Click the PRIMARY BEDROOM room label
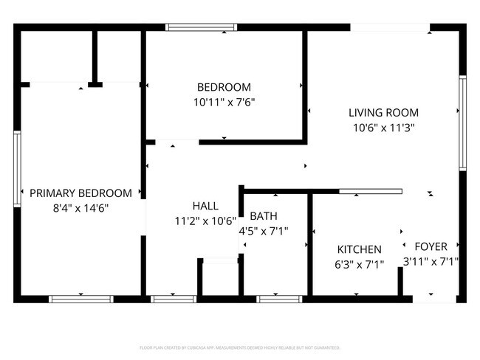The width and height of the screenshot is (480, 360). coord(80,193)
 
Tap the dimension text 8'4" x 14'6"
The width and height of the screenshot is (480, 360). coord(80,208)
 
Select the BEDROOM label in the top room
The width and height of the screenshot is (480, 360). coord(223,87)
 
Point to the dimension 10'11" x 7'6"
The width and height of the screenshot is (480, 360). coord(223,103)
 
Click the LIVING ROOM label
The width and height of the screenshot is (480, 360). coord(383,113)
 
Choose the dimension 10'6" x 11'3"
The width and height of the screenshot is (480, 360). coord(383,128)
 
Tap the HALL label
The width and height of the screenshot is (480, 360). coord(205,206)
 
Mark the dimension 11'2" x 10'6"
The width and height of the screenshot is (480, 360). coord(205,221)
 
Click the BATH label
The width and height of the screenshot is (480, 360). coord(264,216)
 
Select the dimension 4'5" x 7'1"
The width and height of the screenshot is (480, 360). coord(264,231)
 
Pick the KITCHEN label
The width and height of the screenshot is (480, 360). coord(360,249)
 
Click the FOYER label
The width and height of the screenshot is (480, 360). coord(431,246)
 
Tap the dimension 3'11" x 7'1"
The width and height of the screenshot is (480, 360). coord(431,261)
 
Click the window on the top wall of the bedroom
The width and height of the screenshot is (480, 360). coord(200,27)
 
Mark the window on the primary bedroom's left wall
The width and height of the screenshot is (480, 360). coord(16,168)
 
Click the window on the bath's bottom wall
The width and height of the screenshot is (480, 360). coord(280,299)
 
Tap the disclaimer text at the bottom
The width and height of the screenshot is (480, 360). coord(240,347)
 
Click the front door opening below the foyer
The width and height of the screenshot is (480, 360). coord(429,299)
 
